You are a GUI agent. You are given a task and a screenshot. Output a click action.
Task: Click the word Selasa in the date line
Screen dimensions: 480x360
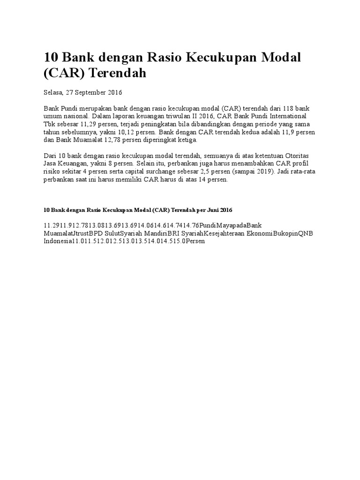tap(53, 92)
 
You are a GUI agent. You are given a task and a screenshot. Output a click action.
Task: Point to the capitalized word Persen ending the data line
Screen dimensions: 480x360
tap(196, 241)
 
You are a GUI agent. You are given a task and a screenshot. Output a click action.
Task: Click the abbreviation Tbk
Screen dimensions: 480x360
tap(50, 124)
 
